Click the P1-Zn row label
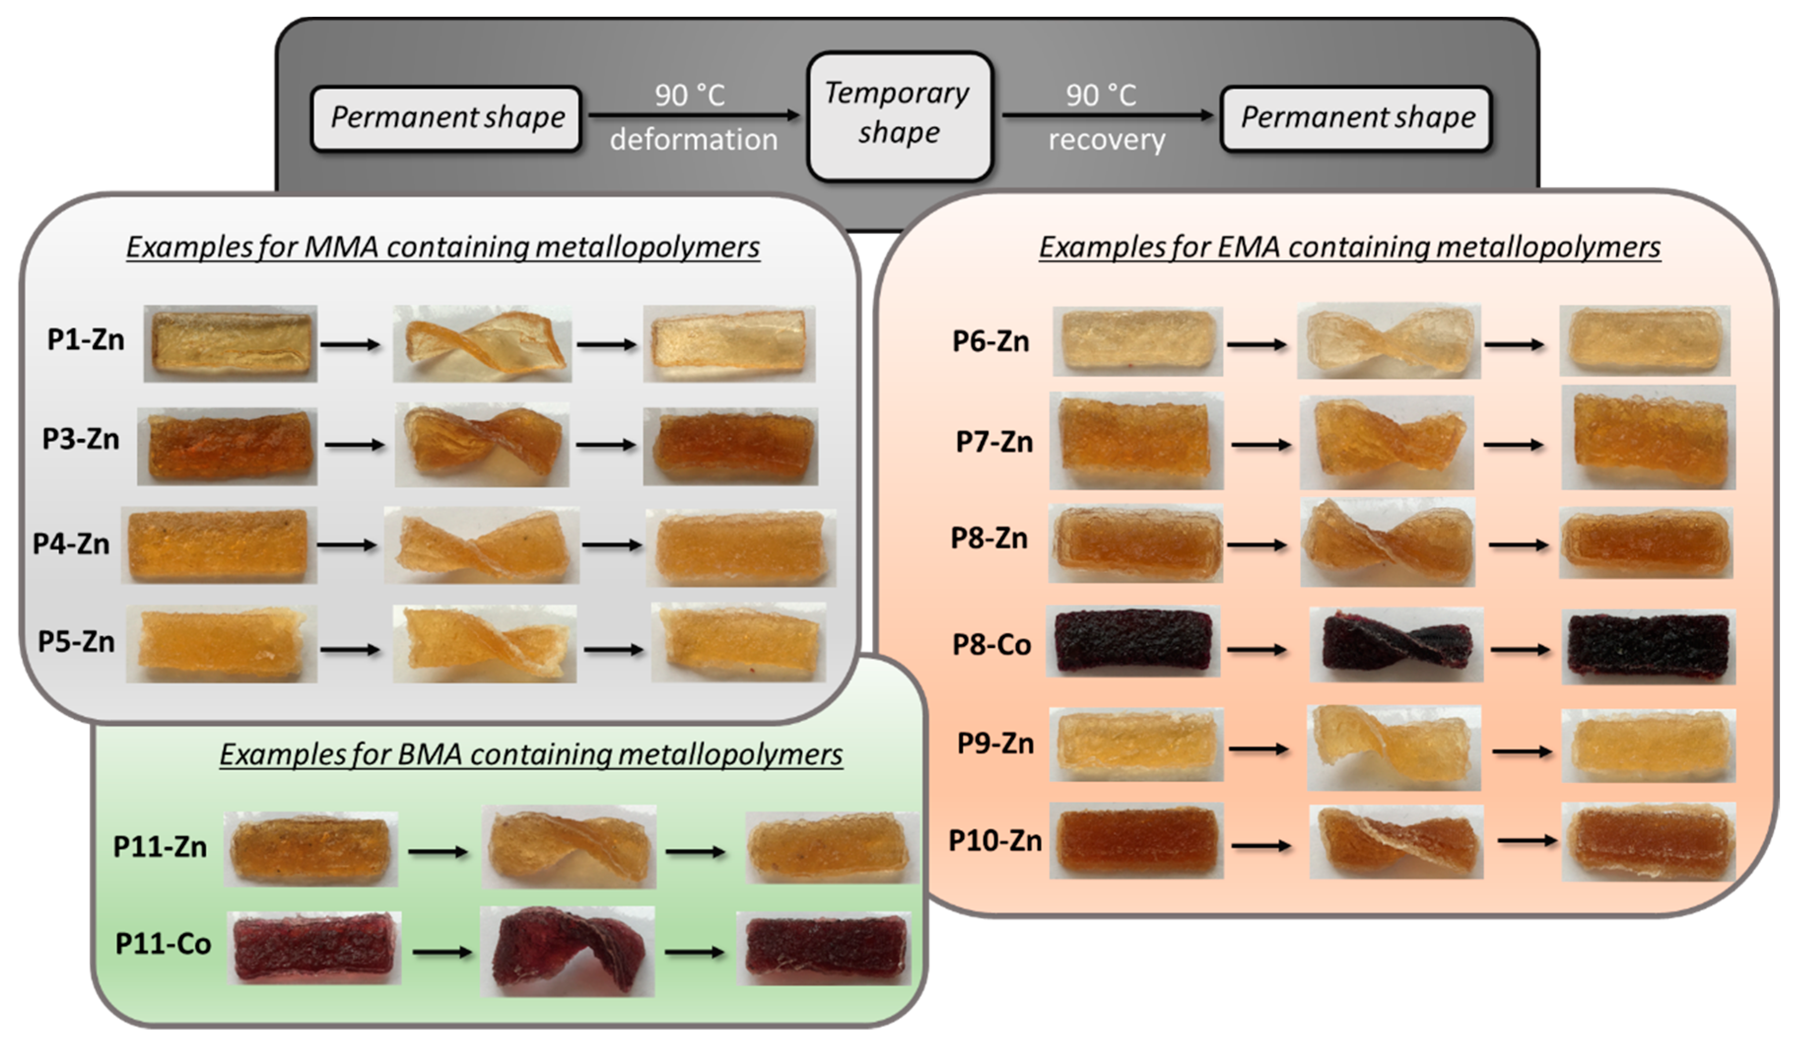(86, 340)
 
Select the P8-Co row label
(991, 645)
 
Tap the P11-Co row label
(164, 944)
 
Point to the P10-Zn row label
(995, 841)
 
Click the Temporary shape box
(898, 114)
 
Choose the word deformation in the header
(693, 140)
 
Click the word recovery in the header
(1106, 140)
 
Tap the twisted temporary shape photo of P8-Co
(1396, 645)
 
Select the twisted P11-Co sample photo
(567, 951)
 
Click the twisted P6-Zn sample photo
(1388, 341)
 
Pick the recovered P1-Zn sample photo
(729, 344)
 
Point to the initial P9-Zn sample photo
(1136, 744)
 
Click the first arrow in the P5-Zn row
(349, 650)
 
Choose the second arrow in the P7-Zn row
(1514, 445)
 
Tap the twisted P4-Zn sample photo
(481, 545)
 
